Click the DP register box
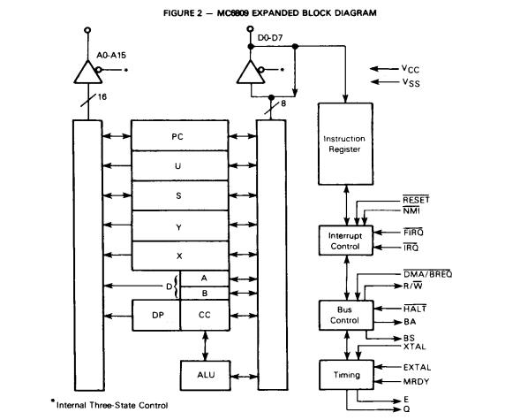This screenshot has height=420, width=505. pos(155,314)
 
